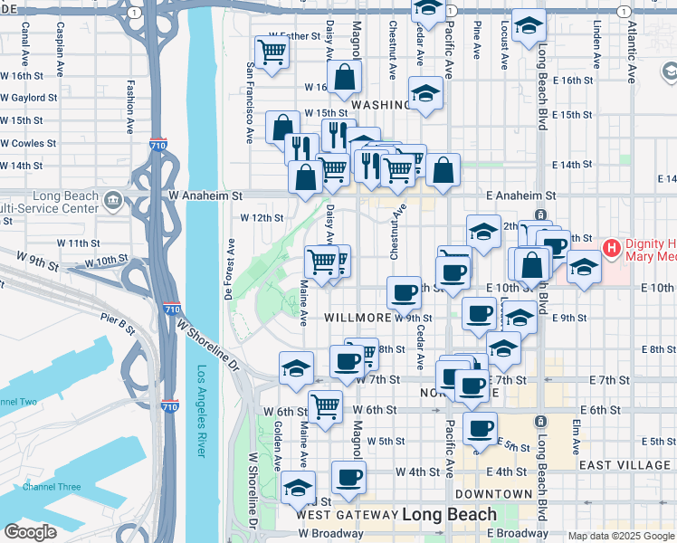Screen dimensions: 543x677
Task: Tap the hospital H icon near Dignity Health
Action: pos(613,247)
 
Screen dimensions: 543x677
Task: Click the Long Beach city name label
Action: pos(449,514)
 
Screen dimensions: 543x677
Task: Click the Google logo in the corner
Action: pos(30,532)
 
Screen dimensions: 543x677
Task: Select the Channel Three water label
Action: pos(52,487)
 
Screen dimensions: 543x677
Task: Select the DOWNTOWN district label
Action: pos(493,494)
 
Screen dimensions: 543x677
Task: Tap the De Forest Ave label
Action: pos(231,269)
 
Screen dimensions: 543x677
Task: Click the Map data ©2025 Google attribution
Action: pos(620,536)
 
